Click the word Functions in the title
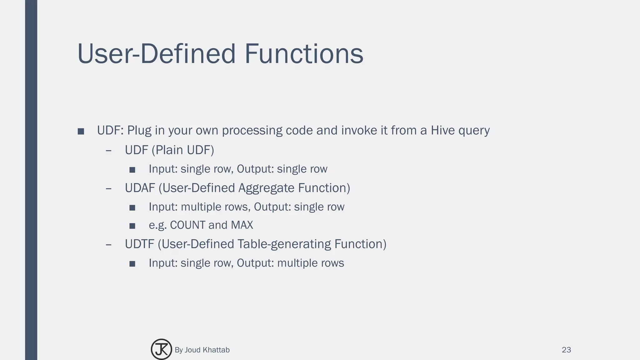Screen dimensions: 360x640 [x=304, y=54]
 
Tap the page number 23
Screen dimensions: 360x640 [x=566, y=350]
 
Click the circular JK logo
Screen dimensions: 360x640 [x=161, y=349]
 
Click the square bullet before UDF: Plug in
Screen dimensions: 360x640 [x=81, y=132]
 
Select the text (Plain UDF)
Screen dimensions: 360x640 [x=183, y=150]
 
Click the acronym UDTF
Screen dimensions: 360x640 [x=139, y=244]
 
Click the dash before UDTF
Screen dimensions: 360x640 [x=108, y=244]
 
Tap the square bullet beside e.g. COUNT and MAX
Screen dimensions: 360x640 [x=132, y=226]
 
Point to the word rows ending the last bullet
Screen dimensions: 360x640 [x=333, y=263]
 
